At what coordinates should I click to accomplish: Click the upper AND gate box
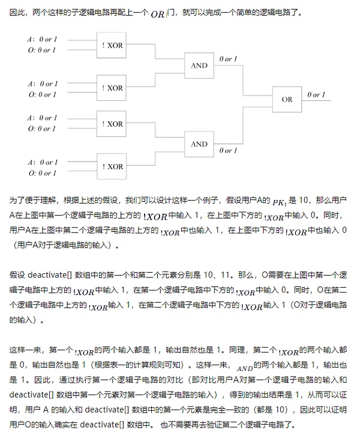[x=199, y=65]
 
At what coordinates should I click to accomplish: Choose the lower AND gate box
[x=199, y=144]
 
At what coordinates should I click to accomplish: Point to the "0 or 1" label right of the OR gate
[x=316, y=95]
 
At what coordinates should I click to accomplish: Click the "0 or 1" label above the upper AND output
[x=228, y=59]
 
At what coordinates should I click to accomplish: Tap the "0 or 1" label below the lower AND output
[x=228, y=151]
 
